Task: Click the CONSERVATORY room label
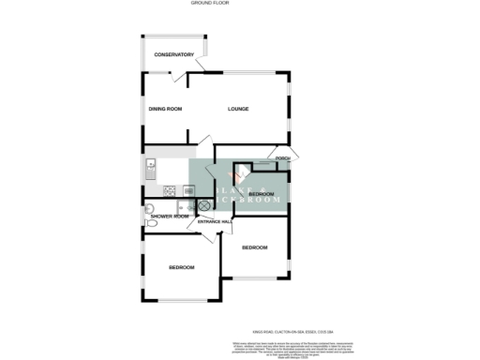[173, 55]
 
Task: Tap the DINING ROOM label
[164, 109]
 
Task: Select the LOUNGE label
[240, 109]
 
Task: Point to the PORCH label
[282, 158]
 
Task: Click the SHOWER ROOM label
[169, 217]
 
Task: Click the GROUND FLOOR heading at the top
[211, 4]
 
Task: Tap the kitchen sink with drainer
[150, 170]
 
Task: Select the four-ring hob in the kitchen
[171, 191]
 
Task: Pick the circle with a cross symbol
[201, 204]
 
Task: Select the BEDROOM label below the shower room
[181, 268]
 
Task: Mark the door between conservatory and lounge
[201, 68]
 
